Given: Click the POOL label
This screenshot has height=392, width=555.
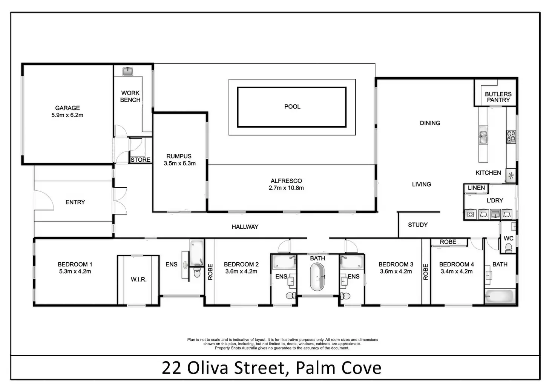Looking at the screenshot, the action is point(292,107).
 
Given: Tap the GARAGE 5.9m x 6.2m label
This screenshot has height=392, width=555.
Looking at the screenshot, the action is point(67,112).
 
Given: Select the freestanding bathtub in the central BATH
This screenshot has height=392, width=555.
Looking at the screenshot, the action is point(317,277).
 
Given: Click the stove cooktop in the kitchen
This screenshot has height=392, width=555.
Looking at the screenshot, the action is point(511,136).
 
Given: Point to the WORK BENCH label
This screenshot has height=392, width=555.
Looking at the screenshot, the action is point(130,96).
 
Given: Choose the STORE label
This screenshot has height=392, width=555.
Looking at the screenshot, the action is point(141,160).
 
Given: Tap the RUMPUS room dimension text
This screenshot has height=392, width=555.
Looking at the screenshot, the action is point(179,164).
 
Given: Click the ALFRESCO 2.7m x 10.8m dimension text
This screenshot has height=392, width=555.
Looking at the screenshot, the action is point(286,188).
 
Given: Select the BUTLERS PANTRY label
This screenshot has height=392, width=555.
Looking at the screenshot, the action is point(498,97).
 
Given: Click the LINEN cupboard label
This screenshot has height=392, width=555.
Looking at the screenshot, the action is point(476,188).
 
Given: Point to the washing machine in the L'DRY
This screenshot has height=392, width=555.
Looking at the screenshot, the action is point(470,214).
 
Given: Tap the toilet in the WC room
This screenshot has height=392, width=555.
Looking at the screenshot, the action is point(508,248).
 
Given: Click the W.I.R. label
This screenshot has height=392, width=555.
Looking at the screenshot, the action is point(138,279).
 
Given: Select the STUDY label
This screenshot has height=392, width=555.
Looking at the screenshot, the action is point(418,225).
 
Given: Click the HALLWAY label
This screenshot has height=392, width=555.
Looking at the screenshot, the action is point(245,227).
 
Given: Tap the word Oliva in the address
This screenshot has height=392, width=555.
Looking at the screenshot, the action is point(208,368).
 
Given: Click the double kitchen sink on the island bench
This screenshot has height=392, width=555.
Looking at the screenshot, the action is point(483,135).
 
